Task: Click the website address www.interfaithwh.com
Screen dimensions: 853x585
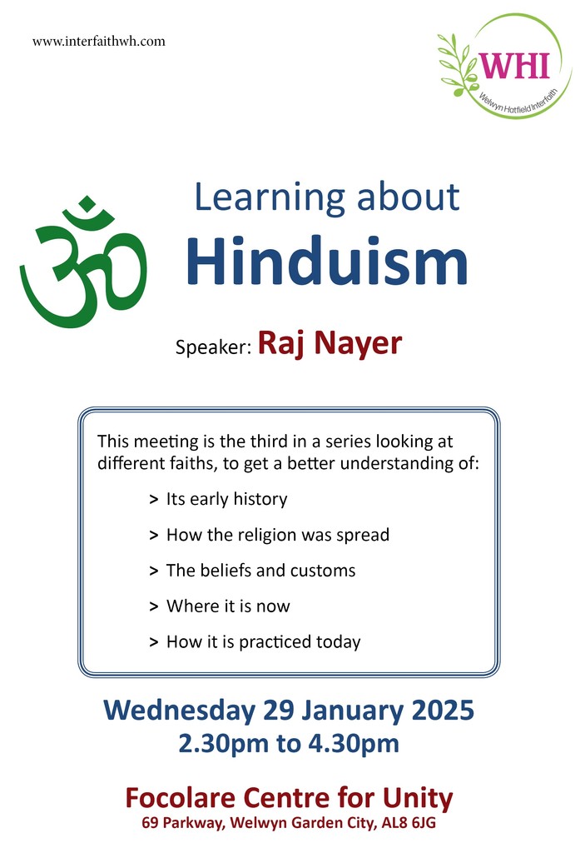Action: tap(98, 41)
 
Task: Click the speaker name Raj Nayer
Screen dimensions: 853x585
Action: tap(330, 342)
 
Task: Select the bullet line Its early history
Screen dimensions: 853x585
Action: tap(226, 499)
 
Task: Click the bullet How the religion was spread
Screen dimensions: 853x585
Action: tap(277, 535)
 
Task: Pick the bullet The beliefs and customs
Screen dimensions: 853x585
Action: tap(260, 571)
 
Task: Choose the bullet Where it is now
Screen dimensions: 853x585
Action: tap(228, 606)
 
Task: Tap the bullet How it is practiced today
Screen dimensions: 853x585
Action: tap(263, 642)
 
